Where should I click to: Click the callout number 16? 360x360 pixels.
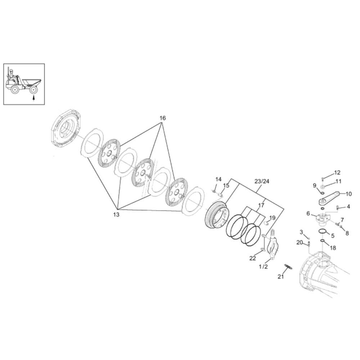tap(162, 118)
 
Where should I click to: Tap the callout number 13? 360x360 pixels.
tap(116, 215)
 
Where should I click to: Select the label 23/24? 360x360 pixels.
tap(262, 181)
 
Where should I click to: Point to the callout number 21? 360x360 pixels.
tap(280, 276)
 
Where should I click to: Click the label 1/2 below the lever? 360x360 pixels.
tap(263, 266)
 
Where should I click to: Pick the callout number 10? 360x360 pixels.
tap(348, 194)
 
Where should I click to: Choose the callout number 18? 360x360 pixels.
tap(333, 248)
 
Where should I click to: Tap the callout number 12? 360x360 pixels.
tap(337, 173)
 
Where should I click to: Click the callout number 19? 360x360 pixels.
tap(272, 218)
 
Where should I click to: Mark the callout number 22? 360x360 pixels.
tap(253, 258)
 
